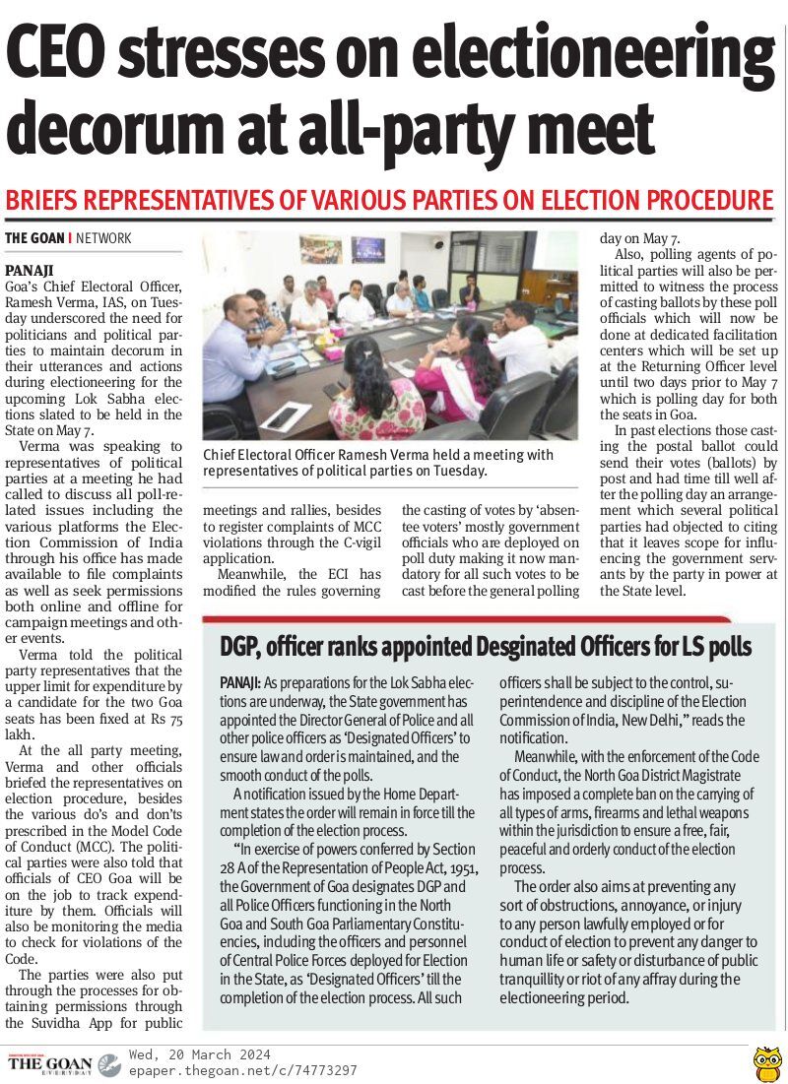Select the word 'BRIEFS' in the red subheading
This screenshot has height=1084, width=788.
click(44, 201)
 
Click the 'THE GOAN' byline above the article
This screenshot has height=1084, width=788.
click(34, 238)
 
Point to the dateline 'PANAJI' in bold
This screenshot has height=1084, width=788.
click(30, 269)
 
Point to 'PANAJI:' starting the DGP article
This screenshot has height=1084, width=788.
click(240, 682)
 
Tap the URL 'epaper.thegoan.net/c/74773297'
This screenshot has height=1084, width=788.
click(242, 1070)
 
